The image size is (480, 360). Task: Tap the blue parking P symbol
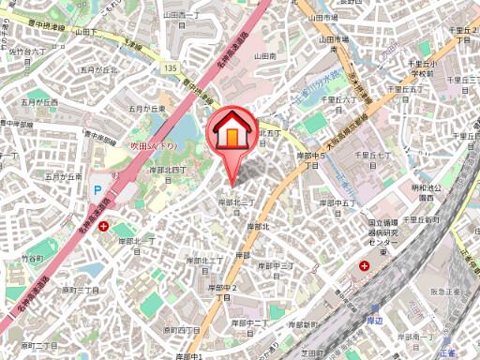96,189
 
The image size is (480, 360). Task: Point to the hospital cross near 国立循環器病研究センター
364,265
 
